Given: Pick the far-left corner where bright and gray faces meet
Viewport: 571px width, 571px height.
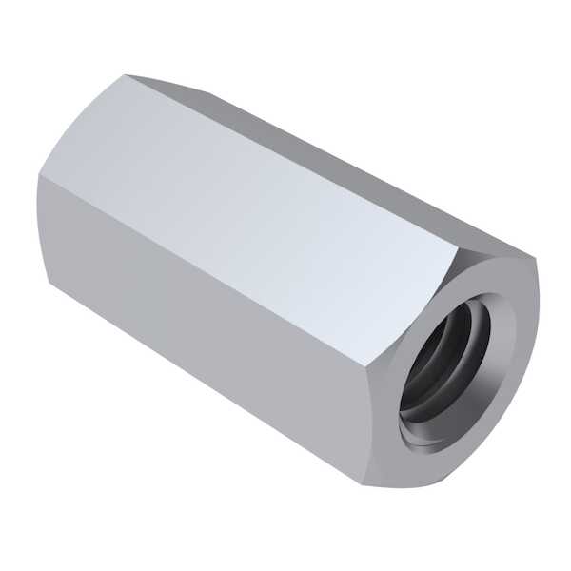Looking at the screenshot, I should tap(41, 176).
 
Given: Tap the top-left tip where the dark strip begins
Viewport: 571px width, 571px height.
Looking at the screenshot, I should tap(127, 75).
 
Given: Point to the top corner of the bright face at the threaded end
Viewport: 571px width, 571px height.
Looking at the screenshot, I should tap(458, 249).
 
